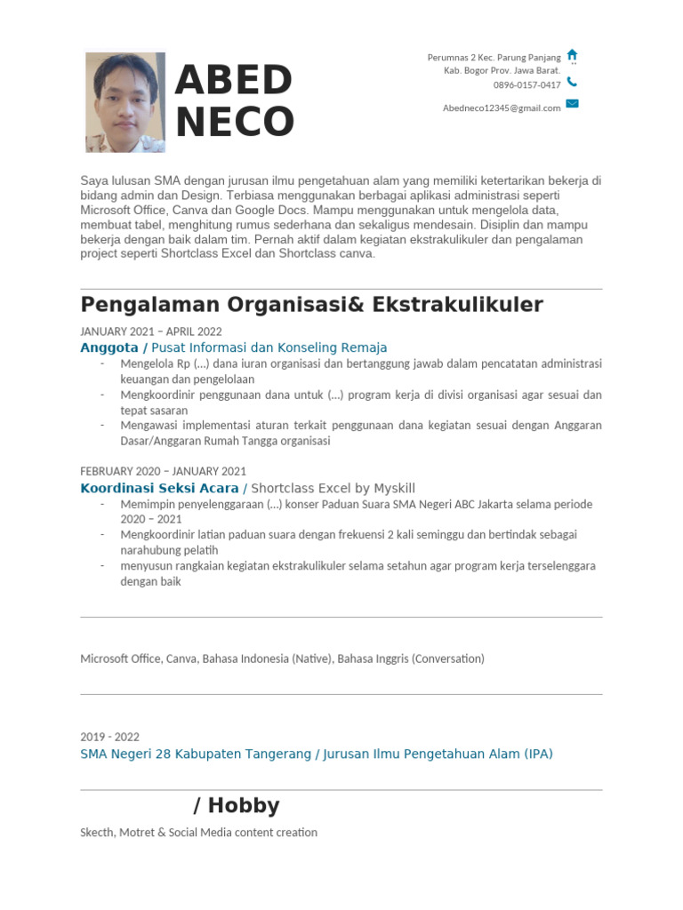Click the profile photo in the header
click(x=125, y=102)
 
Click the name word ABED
click(x=234, y=82)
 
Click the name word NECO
click(x=235, y=122)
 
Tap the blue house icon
click(x=572, y=55)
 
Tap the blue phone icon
click(x=572, y=82)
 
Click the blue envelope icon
click(x=572, y=104)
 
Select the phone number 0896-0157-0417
click(x=526, y=85)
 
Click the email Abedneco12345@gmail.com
click(x=502, y=108)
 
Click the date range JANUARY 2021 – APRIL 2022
click(x=151, y=331)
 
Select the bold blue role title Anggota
click(x=109, y=347)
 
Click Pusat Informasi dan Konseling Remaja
click(x=269, y=347)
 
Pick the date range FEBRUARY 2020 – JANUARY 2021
click(x=163, y=471)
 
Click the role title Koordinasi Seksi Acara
click(x=159, y=488)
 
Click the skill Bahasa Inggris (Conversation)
click(x=411, y=659)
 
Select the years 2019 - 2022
click(x=109, y=737)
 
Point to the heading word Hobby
click(x=244, y=806)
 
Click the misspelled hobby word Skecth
click(x=97, y=833)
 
